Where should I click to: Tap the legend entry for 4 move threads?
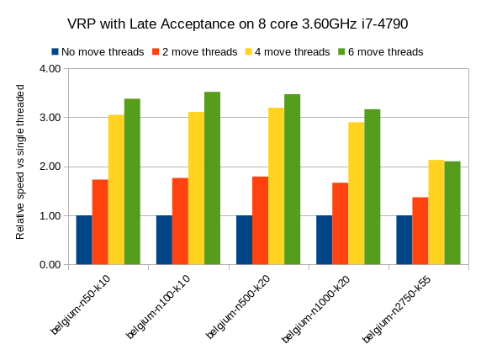point(291,52)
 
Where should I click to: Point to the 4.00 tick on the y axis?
point(50,68)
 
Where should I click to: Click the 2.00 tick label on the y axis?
point(50,167)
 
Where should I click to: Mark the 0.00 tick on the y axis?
point(50,265)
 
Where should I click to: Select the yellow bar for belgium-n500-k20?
point(276,186)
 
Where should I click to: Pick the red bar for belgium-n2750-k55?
point(420,231)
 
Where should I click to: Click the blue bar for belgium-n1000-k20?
point(324,240)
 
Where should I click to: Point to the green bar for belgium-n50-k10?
point(132,182)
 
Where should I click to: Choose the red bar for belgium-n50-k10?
point(100,222)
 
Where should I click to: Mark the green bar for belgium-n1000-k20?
point(372,187)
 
